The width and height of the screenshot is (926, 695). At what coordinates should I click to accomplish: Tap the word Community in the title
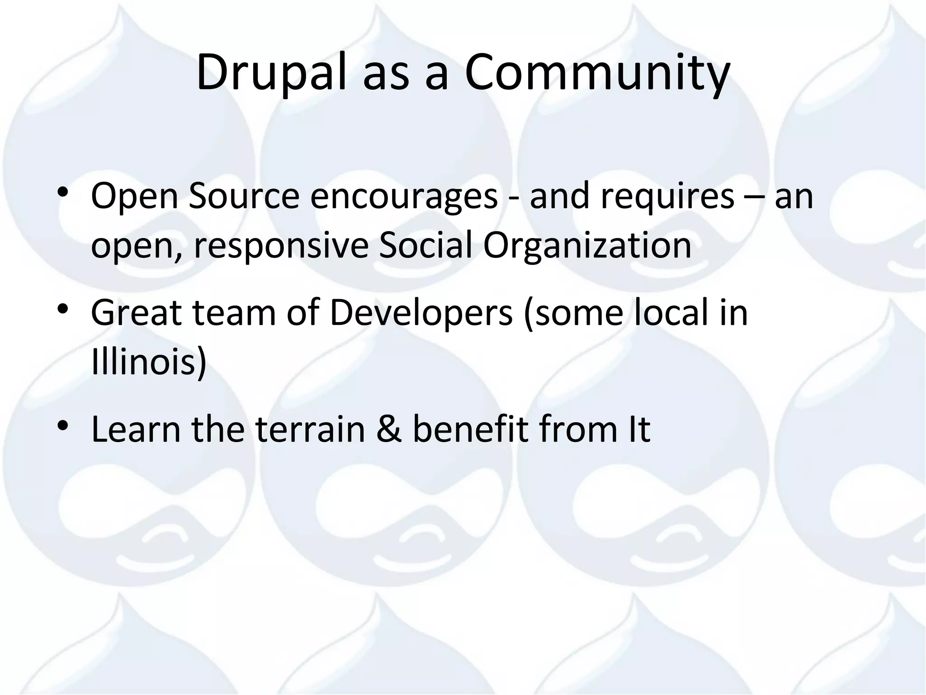[x=597, y=72]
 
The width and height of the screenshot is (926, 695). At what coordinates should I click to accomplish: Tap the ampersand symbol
[x=389, y=430]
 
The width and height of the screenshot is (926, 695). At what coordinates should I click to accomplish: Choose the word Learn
[x=136, y=430]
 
